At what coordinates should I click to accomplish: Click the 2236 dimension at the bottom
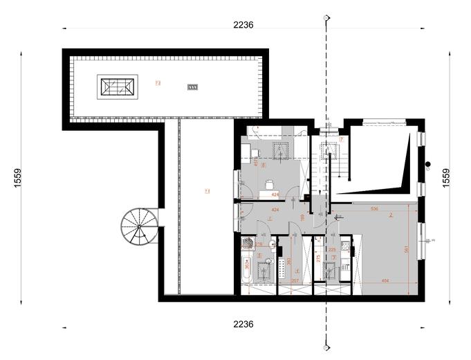(243, 324)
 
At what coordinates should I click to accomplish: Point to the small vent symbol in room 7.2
(193, 87)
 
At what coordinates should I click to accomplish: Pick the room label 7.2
(158, 83)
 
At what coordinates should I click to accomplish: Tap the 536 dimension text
(374, 208)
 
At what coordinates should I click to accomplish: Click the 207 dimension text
(295, 281)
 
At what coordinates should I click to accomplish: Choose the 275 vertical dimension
(317, 259)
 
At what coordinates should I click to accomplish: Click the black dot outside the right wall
(429, 165)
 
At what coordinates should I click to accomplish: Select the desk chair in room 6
(268, 183)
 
